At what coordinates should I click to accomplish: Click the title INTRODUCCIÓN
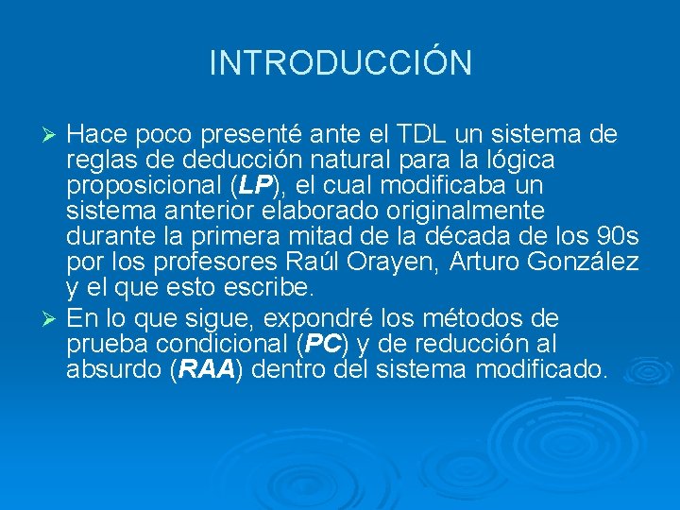tap(340, 63)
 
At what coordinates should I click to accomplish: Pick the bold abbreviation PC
tap(322, 343)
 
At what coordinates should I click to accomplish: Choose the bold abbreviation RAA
tap(206, 368)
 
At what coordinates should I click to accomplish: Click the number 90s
tap(618, 233)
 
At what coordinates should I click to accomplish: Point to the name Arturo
tap(484, 260)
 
